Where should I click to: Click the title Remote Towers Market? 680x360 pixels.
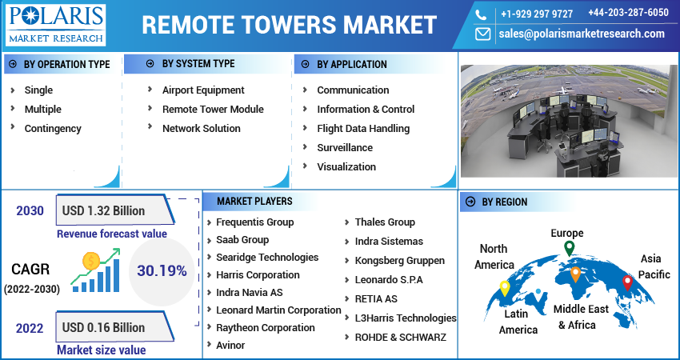pyautogui.click(x=289, y=25)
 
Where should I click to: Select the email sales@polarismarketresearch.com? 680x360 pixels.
pyautogui.click(x=582, y=34)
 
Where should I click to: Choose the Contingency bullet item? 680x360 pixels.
pyautogui.click(x=53, y=128)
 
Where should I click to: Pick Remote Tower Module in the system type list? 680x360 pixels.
pyautogui.click(x=213, y=109)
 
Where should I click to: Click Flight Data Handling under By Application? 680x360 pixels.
pyautogui.click(x=363, y=128)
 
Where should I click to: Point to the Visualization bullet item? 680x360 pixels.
pyautogui.click(x=346, y=166)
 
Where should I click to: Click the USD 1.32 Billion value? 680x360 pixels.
pyautogui.click(x=104, y=211)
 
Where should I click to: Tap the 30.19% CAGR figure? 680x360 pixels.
pyautogui.click(x=161, y=270)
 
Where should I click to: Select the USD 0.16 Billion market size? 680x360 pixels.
pyautogui.click(x=104, y=327)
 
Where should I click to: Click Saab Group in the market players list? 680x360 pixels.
pyautogui.click(x=242, y=239)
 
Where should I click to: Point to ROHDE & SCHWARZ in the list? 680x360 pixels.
pyautogui.click(x=400, y=337)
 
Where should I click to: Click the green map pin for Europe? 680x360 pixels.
pyautogui.click(x=569, y=249)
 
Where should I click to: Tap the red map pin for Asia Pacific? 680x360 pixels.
pyautogui.click(x=627, y=282)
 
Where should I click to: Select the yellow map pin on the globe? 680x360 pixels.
pyautogui.click(x=504, y=287)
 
